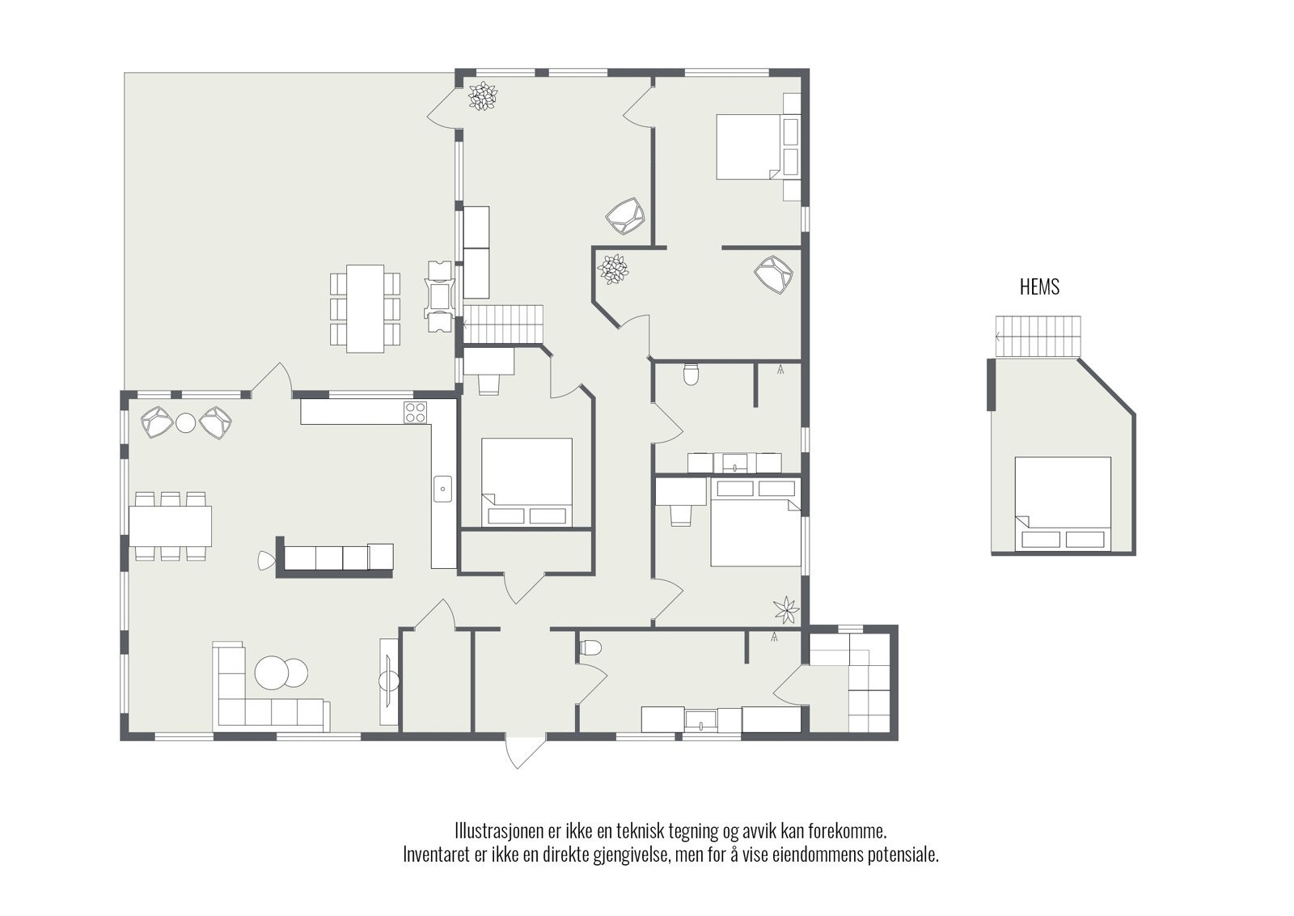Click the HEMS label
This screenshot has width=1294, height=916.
[x=1039, y=287]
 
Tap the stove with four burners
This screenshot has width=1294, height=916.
[x=416, y=413]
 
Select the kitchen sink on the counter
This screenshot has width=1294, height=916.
[x=443, y=489]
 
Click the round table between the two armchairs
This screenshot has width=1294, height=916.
[x=186, y=423]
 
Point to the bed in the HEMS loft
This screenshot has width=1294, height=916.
[x=1063, y=503]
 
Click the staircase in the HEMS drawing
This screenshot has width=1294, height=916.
[x=1038, y=337]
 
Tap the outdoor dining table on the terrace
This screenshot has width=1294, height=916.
[x=365, y=308]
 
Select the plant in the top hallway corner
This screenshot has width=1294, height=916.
[x=482, y=96]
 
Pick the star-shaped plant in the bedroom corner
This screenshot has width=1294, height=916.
[x=786, y=609]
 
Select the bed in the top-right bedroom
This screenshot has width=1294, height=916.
[x=749, y=146]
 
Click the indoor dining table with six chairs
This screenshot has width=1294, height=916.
[x=170, y=526]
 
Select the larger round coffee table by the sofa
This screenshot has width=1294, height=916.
[x=272, y=672]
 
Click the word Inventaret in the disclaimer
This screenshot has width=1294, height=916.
[x=436, y=855]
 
